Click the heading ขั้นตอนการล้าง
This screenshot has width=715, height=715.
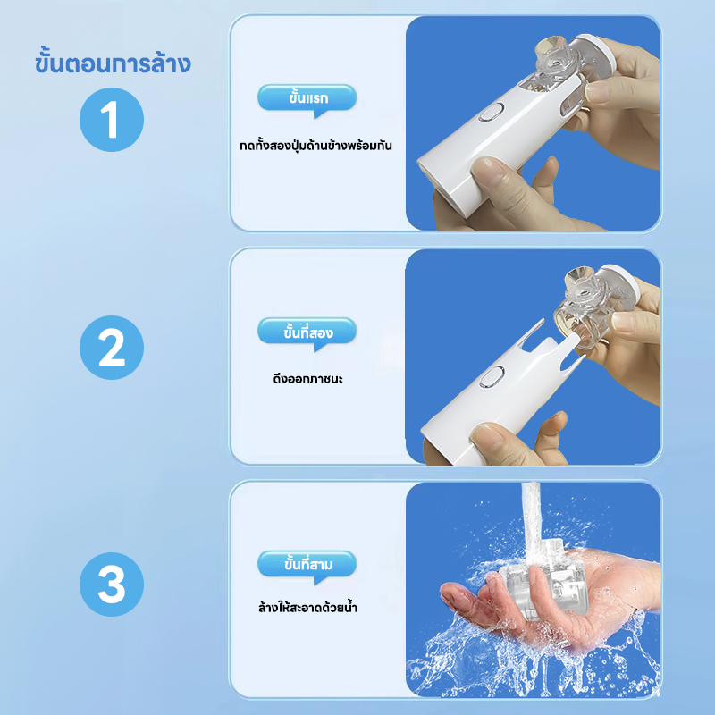coord(113,63)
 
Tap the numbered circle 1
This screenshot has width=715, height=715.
coord(112,120)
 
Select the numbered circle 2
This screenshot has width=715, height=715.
coord(112,348)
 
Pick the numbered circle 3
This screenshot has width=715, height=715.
coord(112,585)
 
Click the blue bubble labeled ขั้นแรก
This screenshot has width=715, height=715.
coord(307,98)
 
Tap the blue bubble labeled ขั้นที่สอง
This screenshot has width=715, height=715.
coord(307,332)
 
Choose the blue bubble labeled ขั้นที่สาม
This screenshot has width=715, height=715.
coord(307,566)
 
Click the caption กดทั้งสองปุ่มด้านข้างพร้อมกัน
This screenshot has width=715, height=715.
coord(315,146)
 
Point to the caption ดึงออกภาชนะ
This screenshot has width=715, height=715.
coord(307,378)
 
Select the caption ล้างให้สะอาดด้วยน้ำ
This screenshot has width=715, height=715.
coord(307,607)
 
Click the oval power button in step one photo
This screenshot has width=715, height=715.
coord(491,113)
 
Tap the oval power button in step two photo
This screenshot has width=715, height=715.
coord(492,377)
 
